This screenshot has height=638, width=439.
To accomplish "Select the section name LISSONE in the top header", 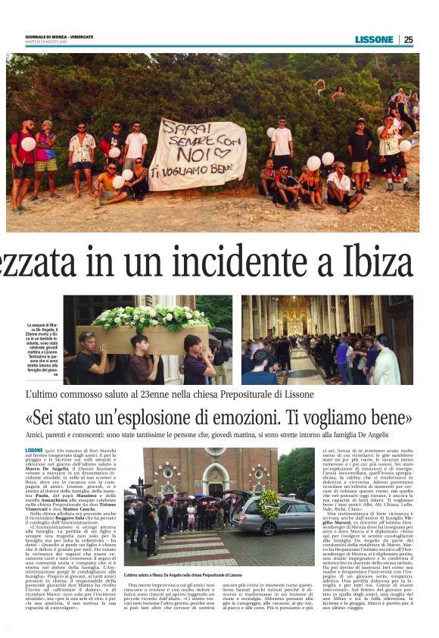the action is click(374, 39).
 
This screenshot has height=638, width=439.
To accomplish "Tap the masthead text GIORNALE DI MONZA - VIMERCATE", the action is click(60, 36).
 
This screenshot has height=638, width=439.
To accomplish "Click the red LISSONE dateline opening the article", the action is click(34, 450).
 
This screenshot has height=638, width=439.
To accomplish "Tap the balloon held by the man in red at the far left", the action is click(28, 143).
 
